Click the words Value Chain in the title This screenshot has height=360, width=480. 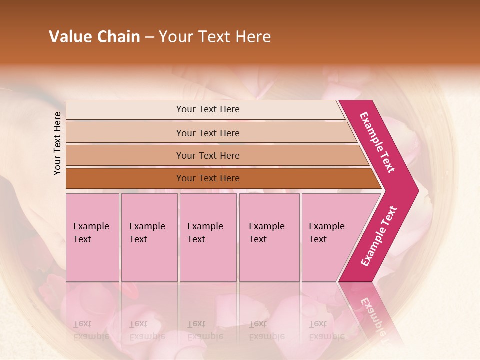(94, 37)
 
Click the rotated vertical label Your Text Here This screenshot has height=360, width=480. (58, 143)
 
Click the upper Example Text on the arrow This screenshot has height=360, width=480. (377, 142)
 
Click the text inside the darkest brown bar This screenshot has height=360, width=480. (208, 178)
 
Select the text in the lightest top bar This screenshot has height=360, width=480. (208, 109)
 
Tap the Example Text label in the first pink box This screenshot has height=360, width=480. (91, 233)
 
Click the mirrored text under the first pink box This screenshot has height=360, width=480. (91, 330)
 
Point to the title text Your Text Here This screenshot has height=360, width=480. (215, 37)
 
